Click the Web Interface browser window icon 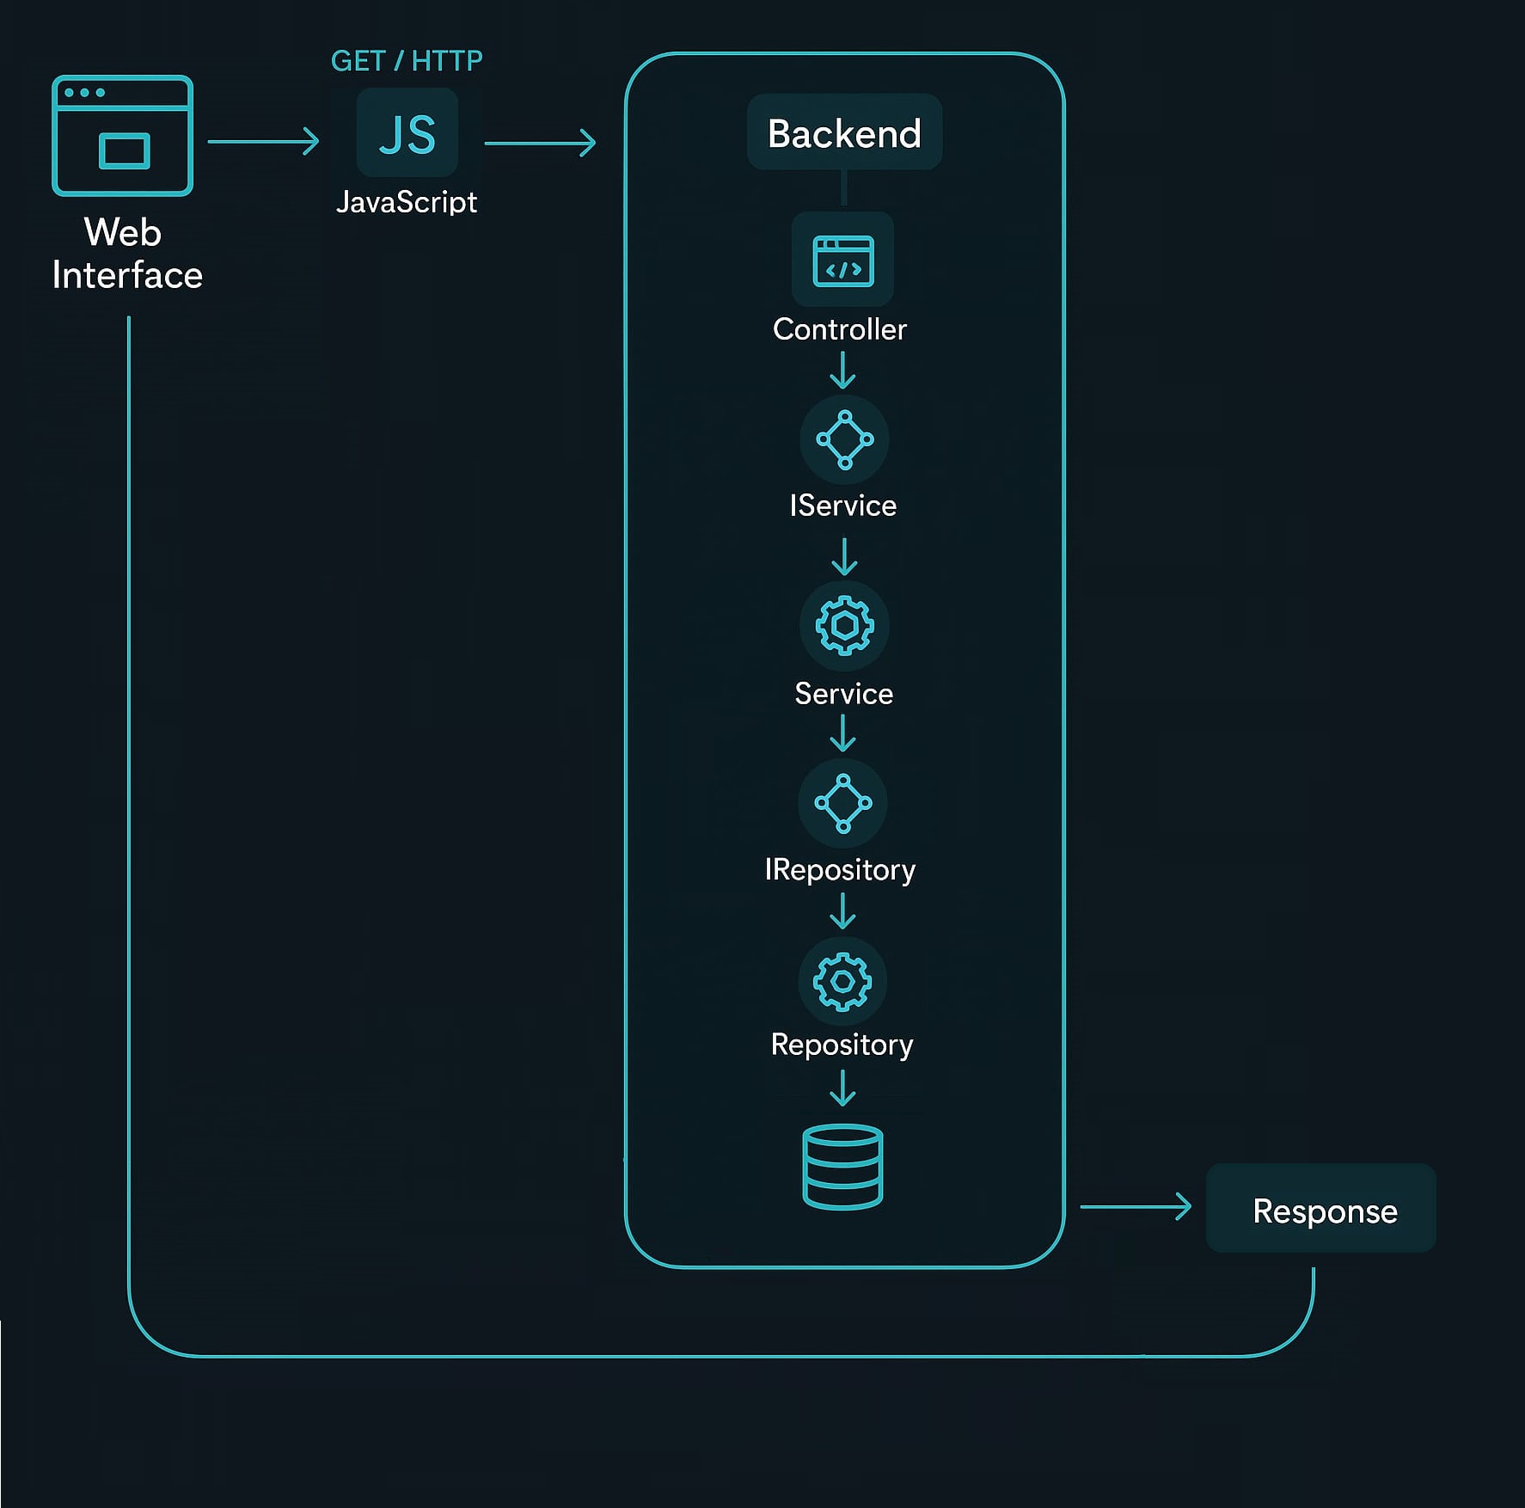(x=122, y=136)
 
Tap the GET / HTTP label (x=407, y=61)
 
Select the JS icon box (x=407, y=132)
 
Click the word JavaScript (x=407, y=202)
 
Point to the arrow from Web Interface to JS (x=263, y=141)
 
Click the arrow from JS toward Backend (x=540, y=143)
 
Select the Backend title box (x=844, y=132)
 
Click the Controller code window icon (x=842, y=260)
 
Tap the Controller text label (x=839, y=329)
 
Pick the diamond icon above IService (x=844, y=439)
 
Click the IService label (x=842, y=506)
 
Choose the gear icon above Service (x=844, y=625)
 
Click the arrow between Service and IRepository (x=842, y=733)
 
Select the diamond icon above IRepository (x=842, y=803)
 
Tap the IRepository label (x=840, y=870)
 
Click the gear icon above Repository (x=842, y=981)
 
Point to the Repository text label (x=842, y=1045)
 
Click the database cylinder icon (x=842, y=1167)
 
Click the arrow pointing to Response (x=1135, y=1206)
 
